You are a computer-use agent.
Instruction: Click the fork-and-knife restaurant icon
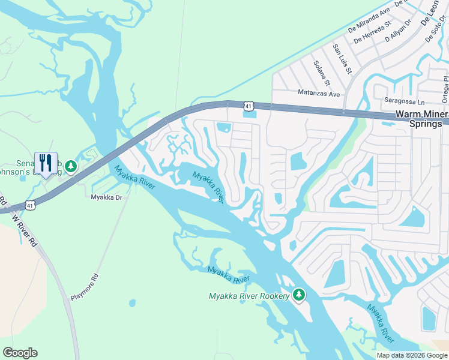(x=46, y=163)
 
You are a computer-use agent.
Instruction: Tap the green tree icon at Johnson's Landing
(x=71, y=166)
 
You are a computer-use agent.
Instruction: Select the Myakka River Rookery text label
(x=249, y=296)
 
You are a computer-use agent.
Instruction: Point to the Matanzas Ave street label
(x=319, y=94)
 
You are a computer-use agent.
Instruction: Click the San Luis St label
(x=342, y=58)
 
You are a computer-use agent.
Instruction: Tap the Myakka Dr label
(x=106, y=197)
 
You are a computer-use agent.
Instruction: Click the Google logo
(x=20, y=353)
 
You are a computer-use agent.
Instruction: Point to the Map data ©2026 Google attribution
(x=412, y=355)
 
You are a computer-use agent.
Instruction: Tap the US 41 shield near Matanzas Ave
(x=248, y=106)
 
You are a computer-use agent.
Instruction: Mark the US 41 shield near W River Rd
(x=30, y=206)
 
